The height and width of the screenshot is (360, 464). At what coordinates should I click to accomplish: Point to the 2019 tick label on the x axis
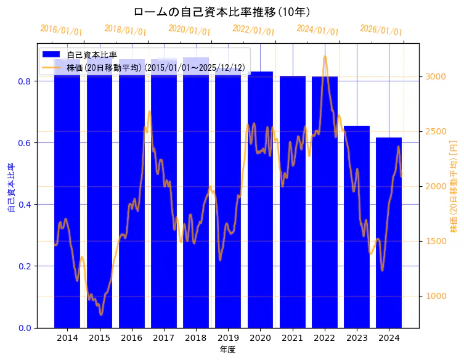pyautogui.click(x=228, y=338)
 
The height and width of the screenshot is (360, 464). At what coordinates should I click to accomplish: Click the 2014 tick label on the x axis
pyautogui.click(x=67, y=338)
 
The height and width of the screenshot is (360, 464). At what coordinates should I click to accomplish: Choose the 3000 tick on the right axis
pyautogui.click(x=435, y=76)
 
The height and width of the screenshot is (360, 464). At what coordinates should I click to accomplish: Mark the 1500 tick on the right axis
pyautogui.click(x=435, y=241)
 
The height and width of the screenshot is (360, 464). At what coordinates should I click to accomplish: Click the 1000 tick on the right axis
pyautogui.click(x=435, y=296)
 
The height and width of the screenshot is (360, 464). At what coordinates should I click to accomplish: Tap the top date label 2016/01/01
pyautogui.click(x=61, y=30)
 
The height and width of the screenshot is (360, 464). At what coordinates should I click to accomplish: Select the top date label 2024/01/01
pyautogui.click(x=317, y=30)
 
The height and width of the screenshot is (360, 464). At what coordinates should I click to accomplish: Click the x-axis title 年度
pyautogui.click(x=228, y=350)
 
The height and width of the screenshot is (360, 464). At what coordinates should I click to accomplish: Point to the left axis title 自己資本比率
pyautogui.click(x=10, y=188)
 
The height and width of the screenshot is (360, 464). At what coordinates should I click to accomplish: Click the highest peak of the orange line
pyautogui.click(x=325, y=57)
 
